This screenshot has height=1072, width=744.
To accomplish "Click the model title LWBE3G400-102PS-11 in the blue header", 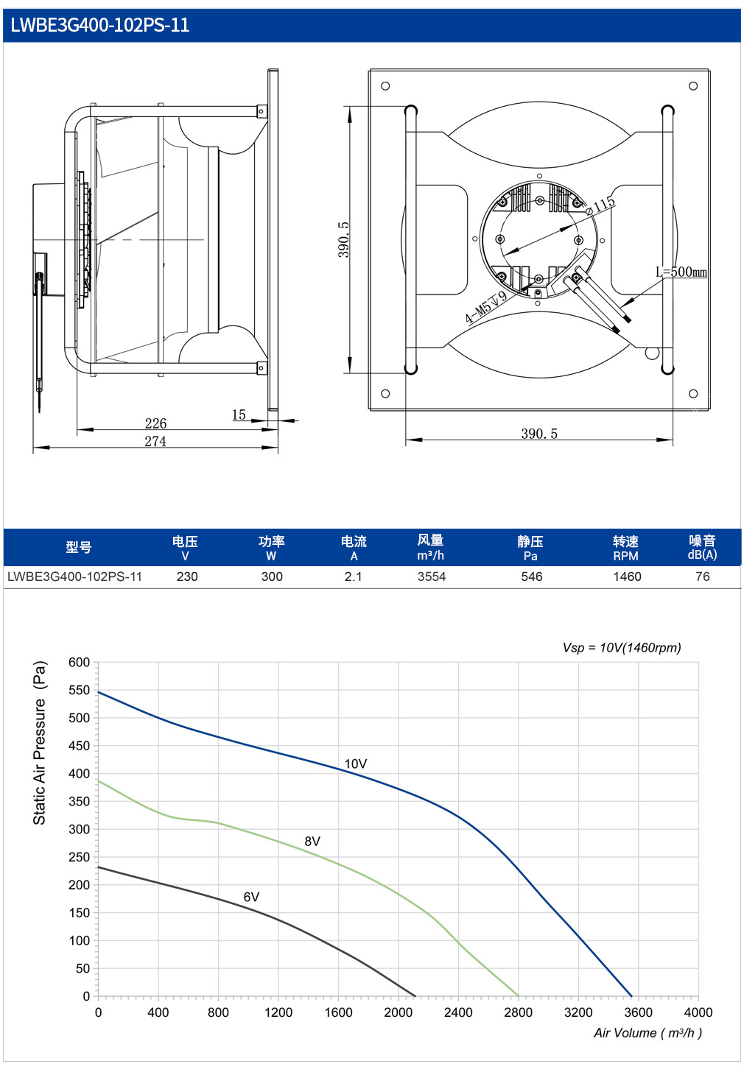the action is (100, 25).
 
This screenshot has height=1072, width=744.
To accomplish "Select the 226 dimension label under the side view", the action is (155, 423).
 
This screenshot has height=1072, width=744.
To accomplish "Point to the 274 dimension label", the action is (155, 441).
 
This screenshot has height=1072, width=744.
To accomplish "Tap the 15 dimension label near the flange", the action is (239, 415).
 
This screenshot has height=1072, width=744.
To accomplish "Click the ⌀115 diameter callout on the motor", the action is (601, 206).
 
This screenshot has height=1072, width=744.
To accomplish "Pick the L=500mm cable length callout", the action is (681, 272).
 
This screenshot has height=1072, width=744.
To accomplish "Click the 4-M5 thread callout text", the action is (485, 307).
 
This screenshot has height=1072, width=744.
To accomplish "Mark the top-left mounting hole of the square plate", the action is (385, 86).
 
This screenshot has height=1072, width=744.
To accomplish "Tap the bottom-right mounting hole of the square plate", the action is (692, 393).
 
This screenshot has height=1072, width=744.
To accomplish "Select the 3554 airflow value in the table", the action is (432, 576).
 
